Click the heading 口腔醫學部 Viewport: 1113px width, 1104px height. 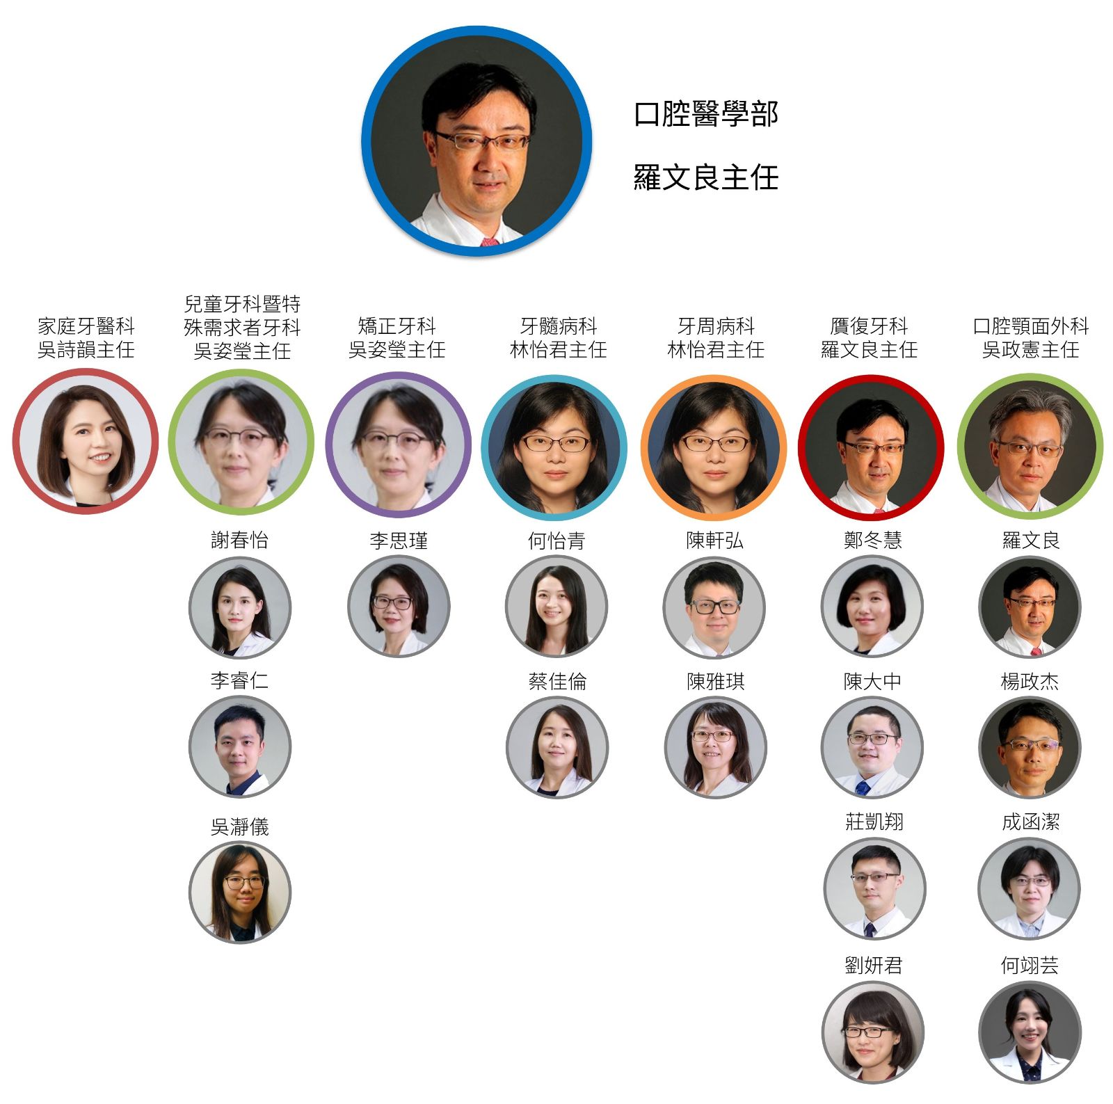[705, 115]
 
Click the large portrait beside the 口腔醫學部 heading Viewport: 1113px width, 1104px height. [477, 141]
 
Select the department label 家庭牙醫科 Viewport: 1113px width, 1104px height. [86, 326]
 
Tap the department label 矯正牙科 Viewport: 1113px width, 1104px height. [397, 326]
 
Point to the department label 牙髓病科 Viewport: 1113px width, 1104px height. [559, 326]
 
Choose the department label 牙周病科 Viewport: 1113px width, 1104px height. [716, 326]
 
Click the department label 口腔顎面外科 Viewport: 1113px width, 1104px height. [1030, 326]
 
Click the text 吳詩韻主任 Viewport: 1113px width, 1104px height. [86, 349]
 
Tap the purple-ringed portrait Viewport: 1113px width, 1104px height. [398, 445]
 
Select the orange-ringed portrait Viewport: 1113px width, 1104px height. [714, 448]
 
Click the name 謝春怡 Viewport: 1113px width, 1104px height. [240, 541]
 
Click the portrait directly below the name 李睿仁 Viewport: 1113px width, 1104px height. [240, 746]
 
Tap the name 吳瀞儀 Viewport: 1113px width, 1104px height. [240, 826]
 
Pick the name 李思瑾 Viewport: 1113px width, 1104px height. [399, 541]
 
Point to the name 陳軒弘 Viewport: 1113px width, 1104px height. [715, 541]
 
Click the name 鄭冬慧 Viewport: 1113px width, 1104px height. [873, 541]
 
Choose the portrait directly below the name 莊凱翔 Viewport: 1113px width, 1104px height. [874, 888]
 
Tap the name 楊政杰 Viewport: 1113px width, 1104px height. [1030, 681]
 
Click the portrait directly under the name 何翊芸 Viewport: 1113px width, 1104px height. [1030, 1032]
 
